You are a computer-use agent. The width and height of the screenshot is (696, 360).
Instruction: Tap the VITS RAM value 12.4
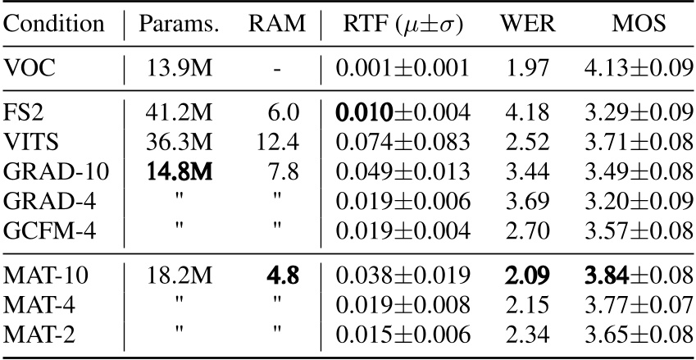click(276, 141)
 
